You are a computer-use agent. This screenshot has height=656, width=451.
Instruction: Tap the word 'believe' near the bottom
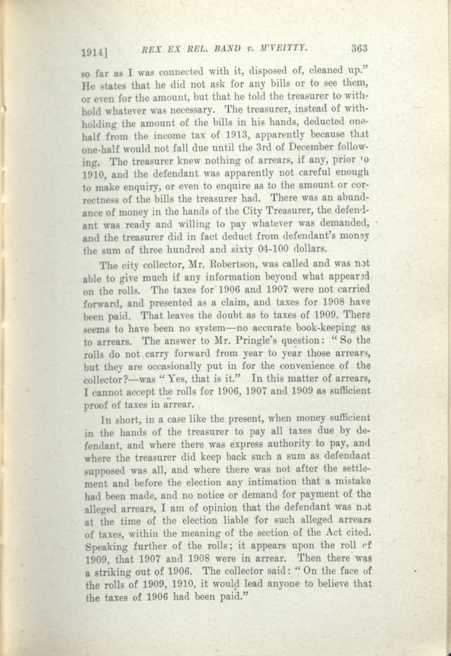point(329,583)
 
